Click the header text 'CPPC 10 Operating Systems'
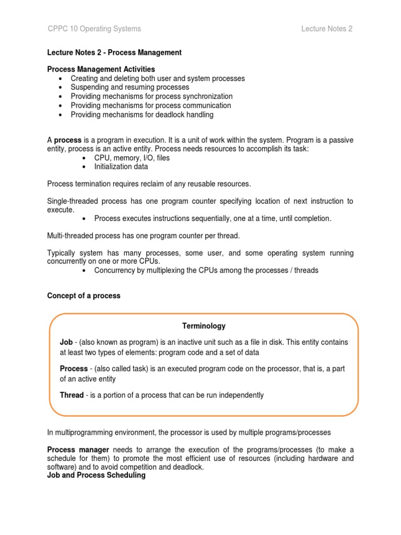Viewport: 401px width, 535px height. click(x=94, y=29)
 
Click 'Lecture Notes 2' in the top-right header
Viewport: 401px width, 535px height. click(x=326, y=29)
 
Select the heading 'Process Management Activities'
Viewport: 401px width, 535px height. click(x=101, y=69)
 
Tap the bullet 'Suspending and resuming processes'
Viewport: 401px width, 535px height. click(x=129, y=87)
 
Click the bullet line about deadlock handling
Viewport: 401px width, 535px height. click(x=142, y=114)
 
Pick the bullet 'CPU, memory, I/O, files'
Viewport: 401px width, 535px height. click(x=132, y=158)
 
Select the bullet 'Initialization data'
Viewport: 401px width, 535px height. click(x=121, y=167)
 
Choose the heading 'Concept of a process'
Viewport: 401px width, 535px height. click(x=84, y=296)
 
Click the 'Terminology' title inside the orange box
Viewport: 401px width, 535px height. click(x=204, y=326)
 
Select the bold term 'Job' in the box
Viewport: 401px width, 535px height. click(x=66, y=342)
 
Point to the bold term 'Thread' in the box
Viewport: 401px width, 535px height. click(x=72, y=395)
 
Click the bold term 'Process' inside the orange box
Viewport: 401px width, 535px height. click(x=74, y=368)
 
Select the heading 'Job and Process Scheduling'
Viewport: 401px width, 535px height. click(x=96, y=475)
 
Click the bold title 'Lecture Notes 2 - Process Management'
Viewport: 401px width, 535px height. click(x=114, y=52)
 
